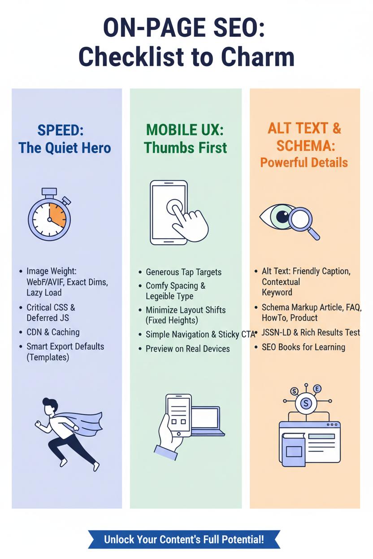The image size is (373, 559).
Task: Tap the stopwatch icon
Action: click(x=49, y=214)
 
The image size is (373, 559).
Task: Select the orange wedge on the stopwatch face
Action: click(x=58, y=215)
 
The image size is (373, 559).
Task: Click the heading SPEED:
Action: click(x=61, y=130)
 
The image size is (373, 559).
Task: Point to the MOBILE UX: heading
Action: click(x=185, y=130)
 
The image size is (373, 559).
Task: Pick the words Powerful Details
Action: click(x=304, y=163)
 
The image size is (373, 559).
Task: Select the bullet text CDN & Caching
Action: click(x=53, y=332)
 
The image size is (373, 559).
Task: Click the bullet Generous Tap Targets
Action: click(x=184, y=272)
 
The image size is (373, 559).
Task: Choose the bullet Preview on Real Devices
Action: click(x=188, y=348)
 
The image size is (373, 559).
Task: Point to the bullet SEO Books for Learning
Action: click(x=304, y=347)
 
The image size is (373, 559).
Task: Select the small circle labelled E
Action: click(x=317, y=388)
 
